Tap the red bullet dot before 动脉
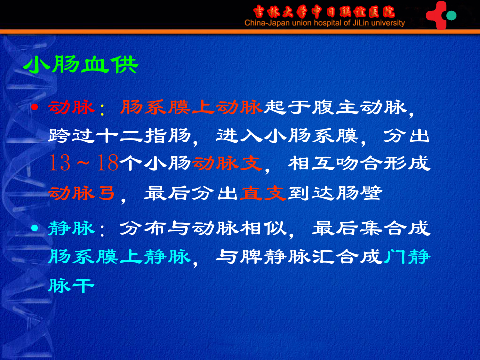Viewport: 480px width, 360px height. [x=34, y=107]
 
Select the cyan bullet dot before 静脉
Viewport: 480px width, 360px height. [x=34, y=228]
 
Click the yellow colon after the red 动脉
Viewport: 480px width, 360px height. [x=102, y=109]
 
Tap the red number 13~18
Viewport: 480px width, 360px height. [x=84, y=163]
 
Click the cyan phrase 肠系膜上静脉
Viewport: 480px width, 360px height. [x=120, y=256]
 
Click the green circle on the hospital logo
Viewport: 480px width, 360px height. [x=451, y=15]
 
